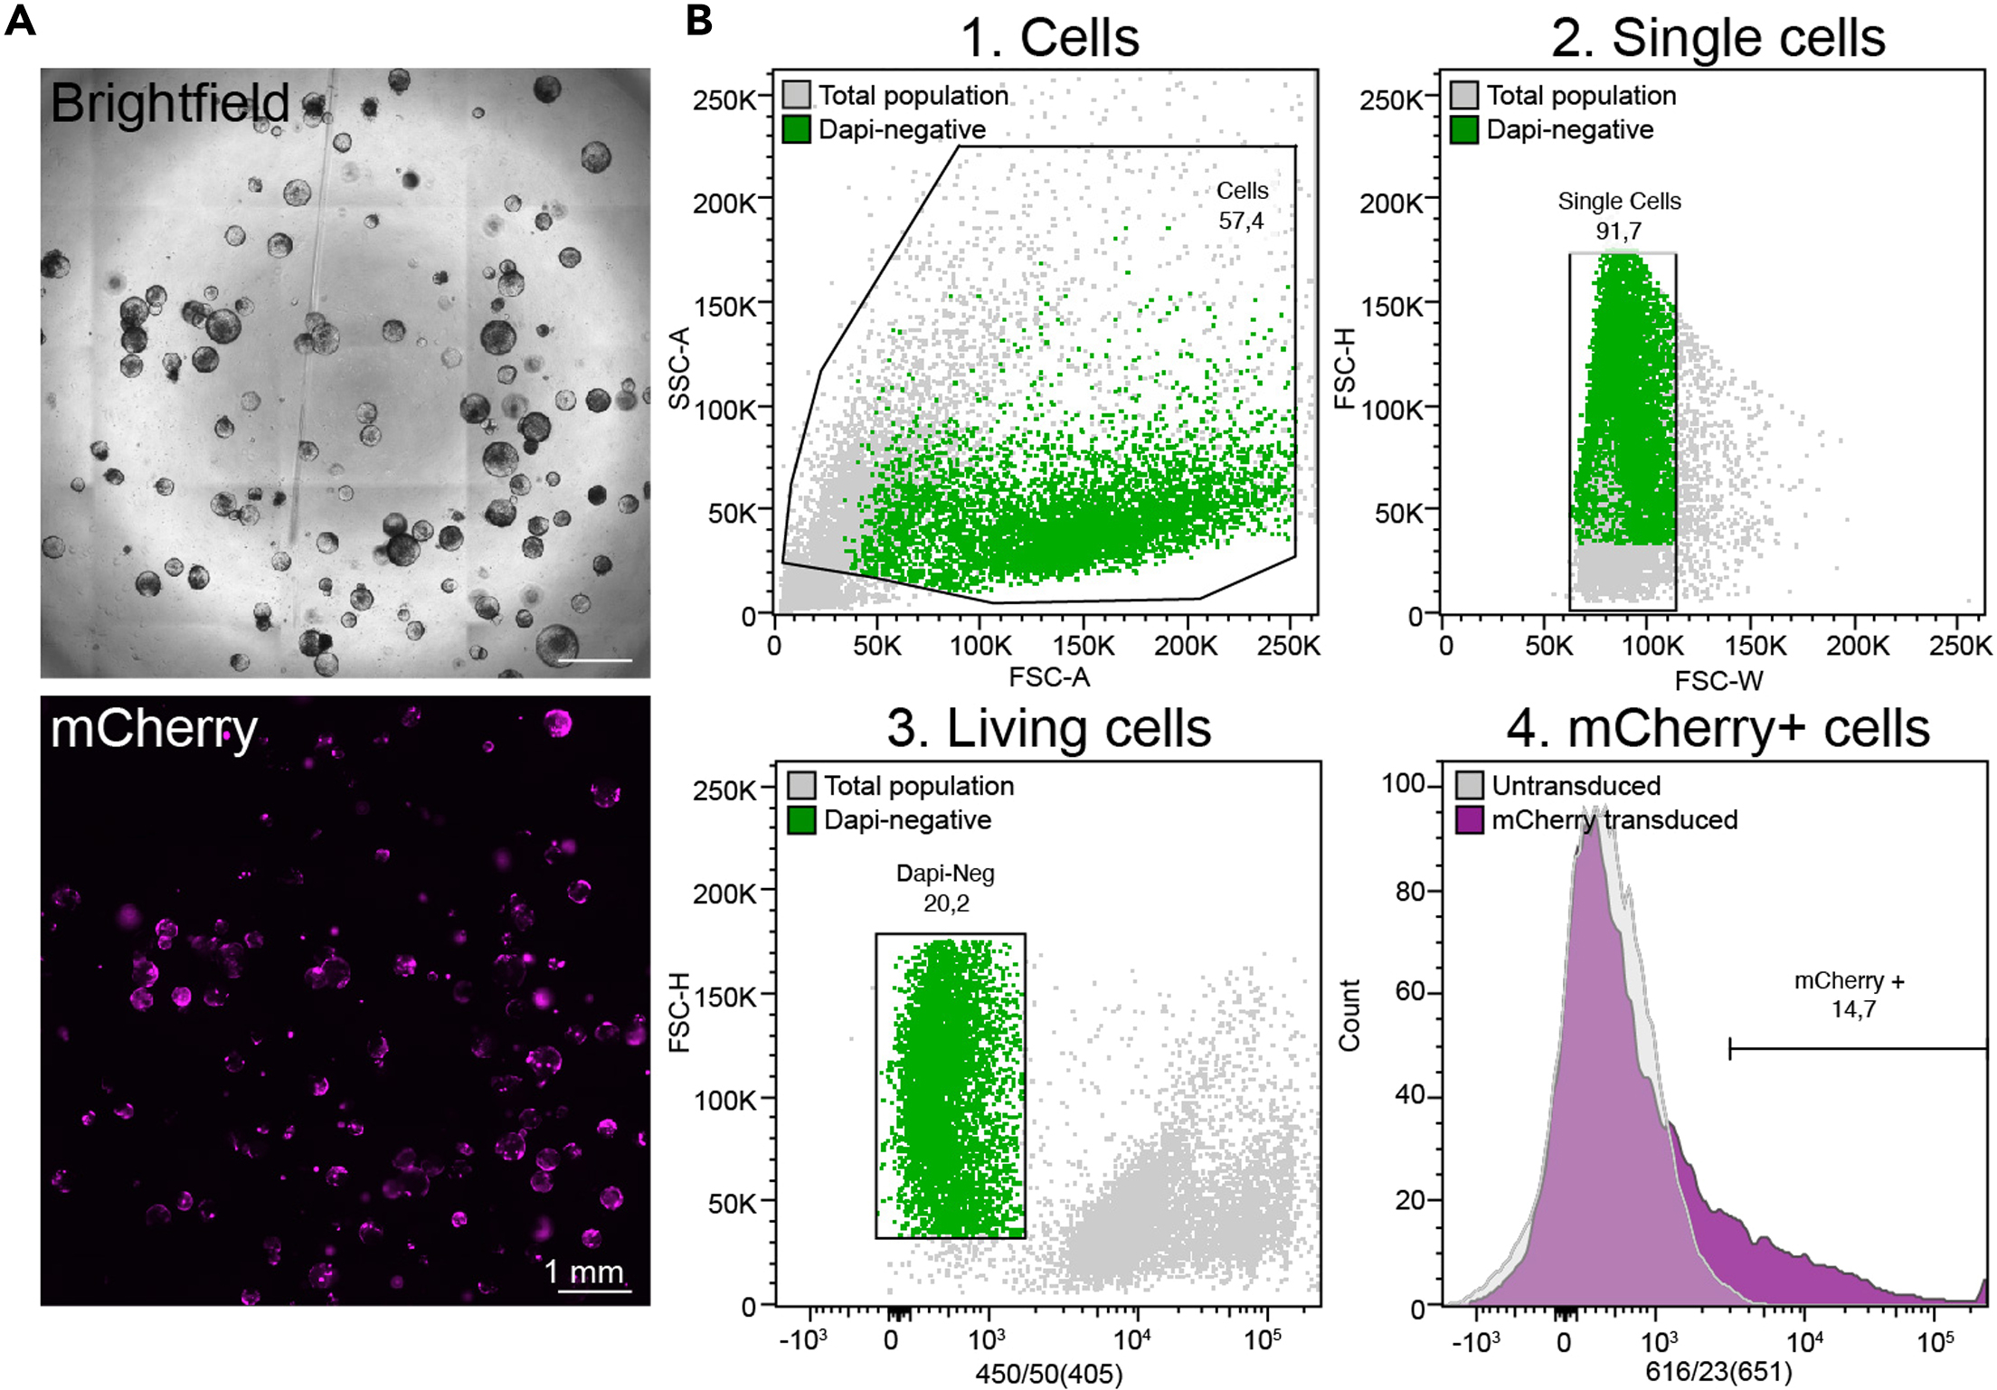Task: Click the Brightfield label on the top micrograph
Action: pyautogui.click(x=169, y=103)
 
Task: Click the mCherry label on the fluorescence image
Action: pyautogui.click(x=154, y=728)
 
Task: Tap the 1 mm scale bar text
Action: pyautogui.click(x=584, y=1272)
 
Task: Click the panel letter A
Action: pyautogui.click(x=20, y=20)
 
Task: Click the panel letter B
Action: pyautogui.click(x=699, y=20)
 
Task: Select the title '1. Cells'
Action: pyautogui.click(x=1049, y=38)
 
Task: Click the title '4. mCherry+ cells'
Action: pyautogui.click(x=1718, y=729)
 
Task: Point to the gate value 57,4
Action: pyautogui.click(x=1241, y=221)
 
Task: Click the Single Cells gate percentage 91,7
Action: pyautogui.click(x=1618, y=231)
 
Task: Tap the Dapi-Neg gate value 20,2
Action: pyautogui.click(x=946, y=903)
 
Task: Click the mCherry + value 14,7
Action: pyautogui.click(x=1853, y=1009)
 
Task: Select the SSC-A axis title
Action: pyautogui.click(x=680, y=368)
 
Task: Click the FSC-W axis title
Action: pyautogui.click(x=1718, y=680)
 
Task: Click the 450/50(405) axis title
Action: pyautogui.click(x=1048, y=1375)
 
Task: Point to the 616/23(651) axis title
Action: pyautogui.click(x=1718, y=1372)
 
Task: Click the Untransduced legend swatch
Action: pyautogui.click(x=1470, y=785)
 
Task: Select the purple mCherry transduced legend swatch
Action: pyautogui.click(x=1470, y=819)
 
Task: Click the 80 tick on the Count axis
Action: pyautogui.click(x=1411, y=891)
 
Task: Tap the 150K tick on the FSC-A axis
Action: pyautogui.click(x=1083, y=646)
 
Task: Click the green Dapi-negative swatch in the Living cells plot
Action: pyautogui.click(x=801, y=819)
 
